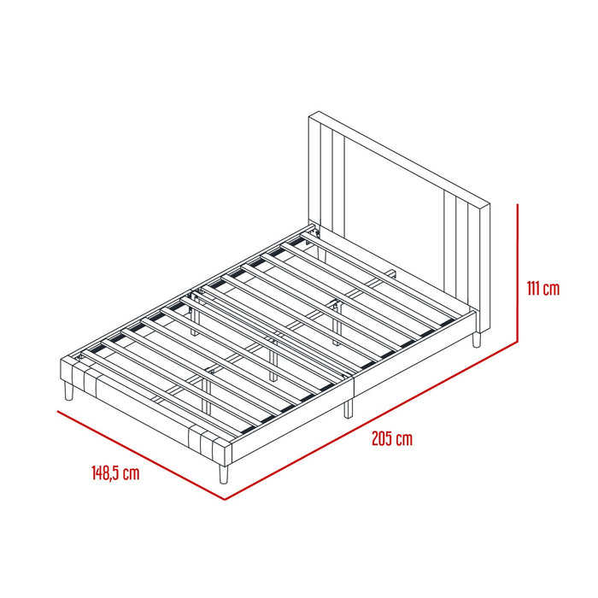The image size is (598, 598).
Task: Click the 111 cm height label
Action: (x=543, y=289)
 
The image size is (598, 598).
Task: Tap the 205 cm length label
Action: (x=392, y=439)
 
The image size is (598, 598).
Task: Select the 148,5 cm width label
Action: (x=115, y=473)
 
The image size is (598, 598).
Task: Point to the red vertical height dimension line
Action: (x=518, y=273)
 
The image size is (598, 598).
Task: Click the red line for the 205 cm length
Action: (x=371, y=420)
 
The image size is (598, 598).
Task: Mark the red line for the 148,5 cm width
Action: (x=141, y=455)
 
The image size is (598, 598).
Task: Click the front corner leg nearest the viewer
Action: (x=223, y=474)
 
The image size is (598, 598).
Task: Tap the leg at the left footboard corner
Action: (x=68, y=391)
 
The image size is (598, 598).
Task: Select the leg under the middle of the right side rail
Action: (x=349, y=409)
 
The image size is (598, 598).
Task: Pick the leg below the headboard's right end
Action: (x=476, y=339)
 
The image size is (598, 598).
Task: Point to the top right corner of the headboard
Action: (x=490, y=204)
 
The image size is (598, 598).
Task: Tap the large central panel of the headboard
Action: (x=395, y=217)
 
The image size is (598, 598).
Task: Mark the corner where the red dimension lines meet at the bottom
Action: (x=225, y=500)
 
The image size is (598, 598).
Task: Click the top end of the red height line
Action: (x=518, y=204)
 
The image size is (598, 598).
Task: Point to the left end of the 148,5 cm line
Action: (x=57, y=411)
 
